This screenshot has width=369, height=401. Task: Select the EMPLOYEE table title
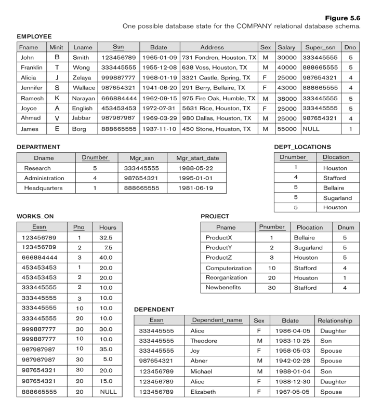point(34,37)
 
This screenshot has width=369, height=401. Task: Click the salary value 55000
point(286,129)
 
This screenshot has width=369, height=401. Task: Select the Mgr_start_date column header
point(196,157)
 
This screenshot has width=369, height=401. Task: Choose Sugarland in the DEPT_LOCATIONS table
point(337,198)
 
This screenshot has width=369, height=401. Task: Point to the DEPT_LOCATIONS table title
point(302,147)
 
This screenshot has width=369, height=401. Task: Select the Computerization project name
point(228,268)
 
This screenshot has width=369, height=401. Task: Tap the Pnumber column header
point(272,228)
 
